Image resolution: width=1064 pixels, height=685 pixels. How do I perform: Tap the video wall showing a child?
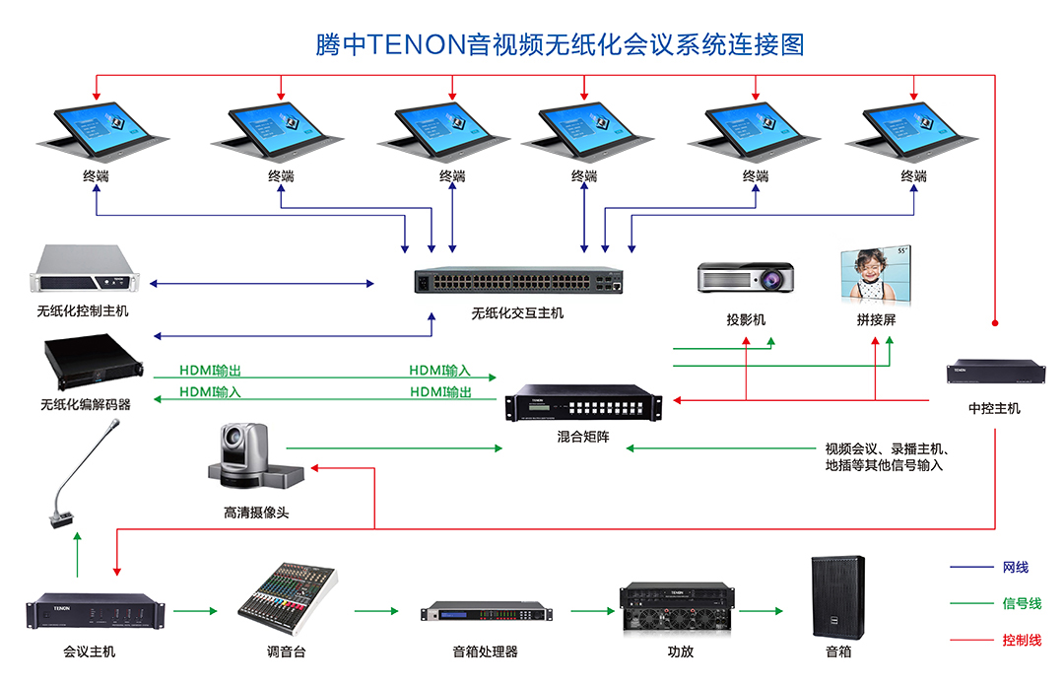click(875, 275)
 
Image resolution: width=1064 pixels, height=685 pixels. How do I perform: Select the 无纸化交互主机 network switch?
click(518, 283)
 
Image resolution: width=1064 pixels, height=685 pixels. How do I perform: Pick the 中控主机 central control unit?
click(995, 372)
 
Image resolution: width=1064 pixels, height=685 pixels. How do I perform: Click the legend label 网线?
click(1015, 567)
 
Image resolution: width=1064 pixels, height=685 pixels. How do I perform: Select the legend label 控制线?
click(1021, 641)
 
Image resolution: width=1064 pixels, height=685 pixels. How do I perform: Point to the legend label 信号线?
click(1021, 603)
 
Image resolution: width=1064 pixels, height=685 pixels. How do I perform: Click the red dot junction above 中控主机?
click(995, 322)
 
